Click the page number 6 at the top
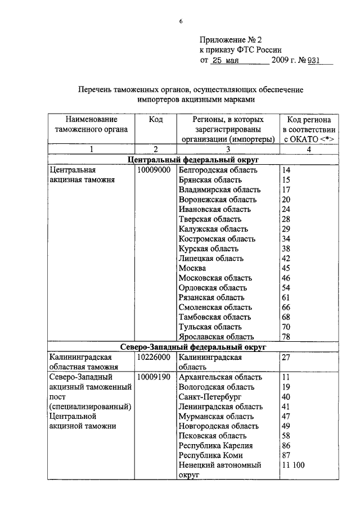pyautogui.click(x=181, y=21)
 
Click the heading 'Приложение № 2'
pyautogui.click(x=232, y=40)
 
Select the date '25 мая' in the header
pyautogui.click(x=226, y=60)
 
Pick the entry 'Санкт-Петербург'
pyautogui.click(x=208, y=396)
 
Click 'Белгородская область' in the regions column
pyautogui.click(x=218, y=170)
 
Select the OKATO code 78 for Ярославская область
pyautogui.click(x=286, y=337)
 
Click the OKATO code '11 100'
pyautogui.click(x=294, y=466)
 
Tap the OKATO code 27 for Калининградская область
pyautogui.click(x=286, y=356)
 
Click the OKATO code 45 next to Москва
pyautogui.click(x=286, y=268)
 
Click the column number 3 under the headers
pyautogui.click(x=228, y=150)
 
